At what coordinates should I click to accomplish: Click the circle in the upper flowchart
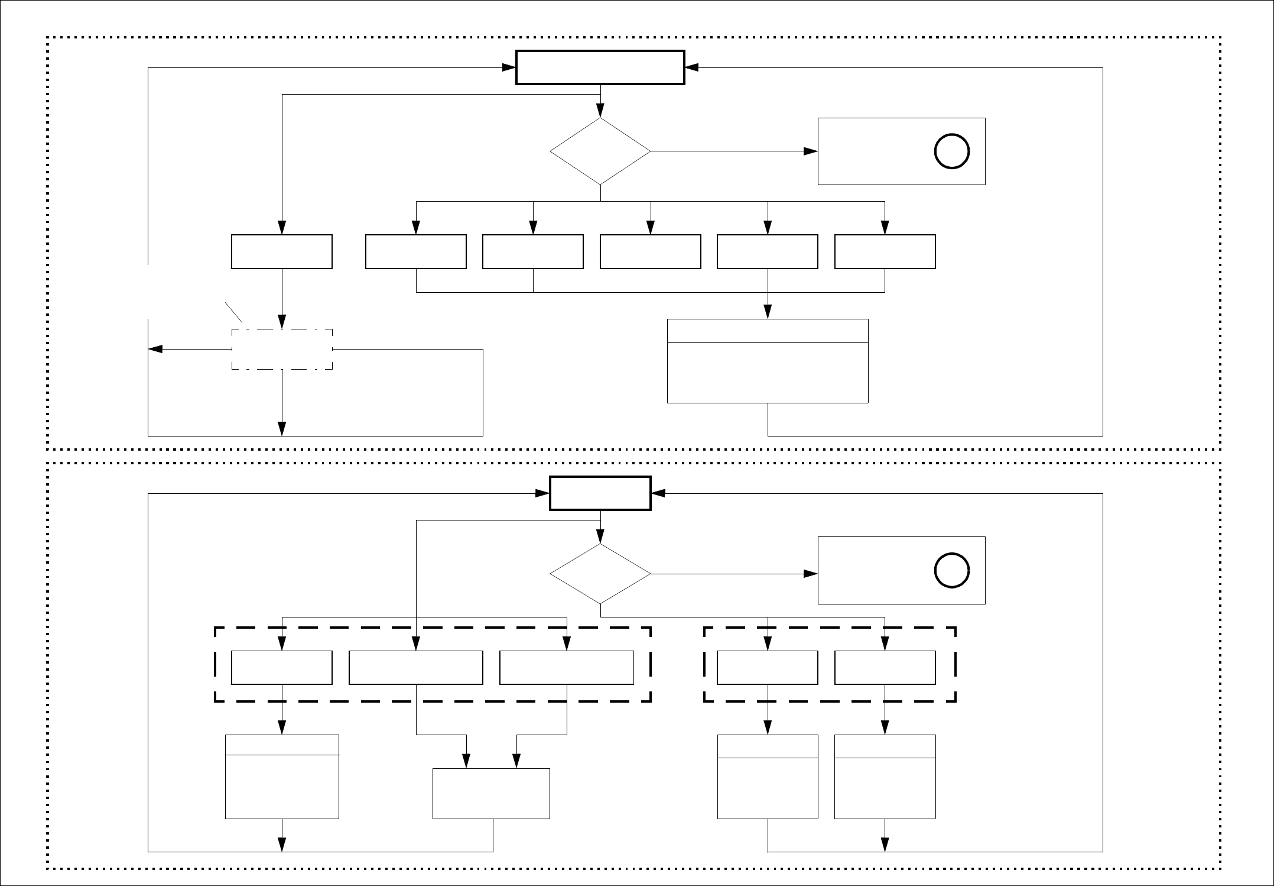pyautogui.click(x=951, y=151)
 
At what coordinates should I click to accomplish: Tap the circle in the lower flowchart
pyautogui.click(x=951, y=571)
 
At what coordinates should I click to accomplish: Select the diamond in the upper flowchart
pyautogui.click(x=600, y=151)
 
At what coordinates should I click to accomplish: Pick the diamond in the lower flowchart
pyautogui.click(x=600, y=574)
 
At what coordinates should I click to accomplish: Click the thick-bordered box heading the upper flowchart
pyautogui.click(x=600, y=67)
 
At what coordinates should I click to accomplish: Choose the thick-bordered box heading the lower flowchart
pyautogui.click(x=600, y=493)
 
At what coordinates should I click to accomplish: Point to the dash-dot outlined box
pyautogui.click(x=282, y=350)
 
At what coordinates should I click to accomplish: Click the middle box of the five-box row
pyautogui.click(x=650, y=252)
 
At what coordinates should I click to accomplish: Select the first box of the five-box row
pyautogui.click(x=416, y=252)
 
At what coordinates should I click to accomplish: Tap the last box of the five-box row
pyautogui.click(x=885, y=252)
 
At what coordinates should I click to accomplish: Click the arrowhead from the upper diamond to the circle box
pyautogui.click(x=811, y=151)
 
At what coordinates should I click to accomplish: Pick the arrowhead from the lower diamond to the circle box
pyautogui.click(x=811, y=574)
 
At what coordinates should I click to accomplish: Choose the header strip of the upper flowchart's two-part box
pyautogui.click(x=767, y=331)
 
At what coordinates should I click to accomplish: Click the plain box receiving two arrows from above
pyautogui.click(x=491, y=794)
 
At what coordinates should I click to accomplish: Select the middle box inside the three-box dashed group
pyautogui.click(x=416, y=668)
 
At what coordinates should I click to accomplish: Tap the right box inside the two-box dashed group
pyautogui.click(x=885, y=668)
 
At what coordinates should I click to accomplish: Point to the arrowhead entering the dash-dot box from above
pyautogui.click(x=282, y=322)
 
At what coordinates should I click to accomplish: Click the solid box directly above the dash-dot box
pyautogui.click(x=282, y=252)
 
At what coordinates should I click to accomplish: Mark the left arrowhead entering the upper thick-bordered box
pyautogui.click(x=509, y=67)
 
